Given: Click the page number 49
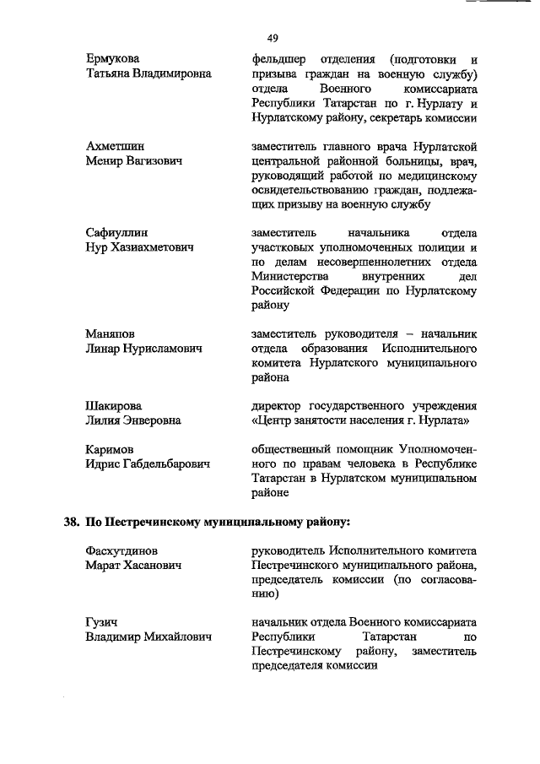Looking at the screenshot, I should [x=273, y=38].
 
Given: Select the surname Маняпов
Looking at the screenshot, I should [x=111, y=333].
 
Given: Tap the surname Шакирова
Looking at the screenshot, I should [x=114, y=404].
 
